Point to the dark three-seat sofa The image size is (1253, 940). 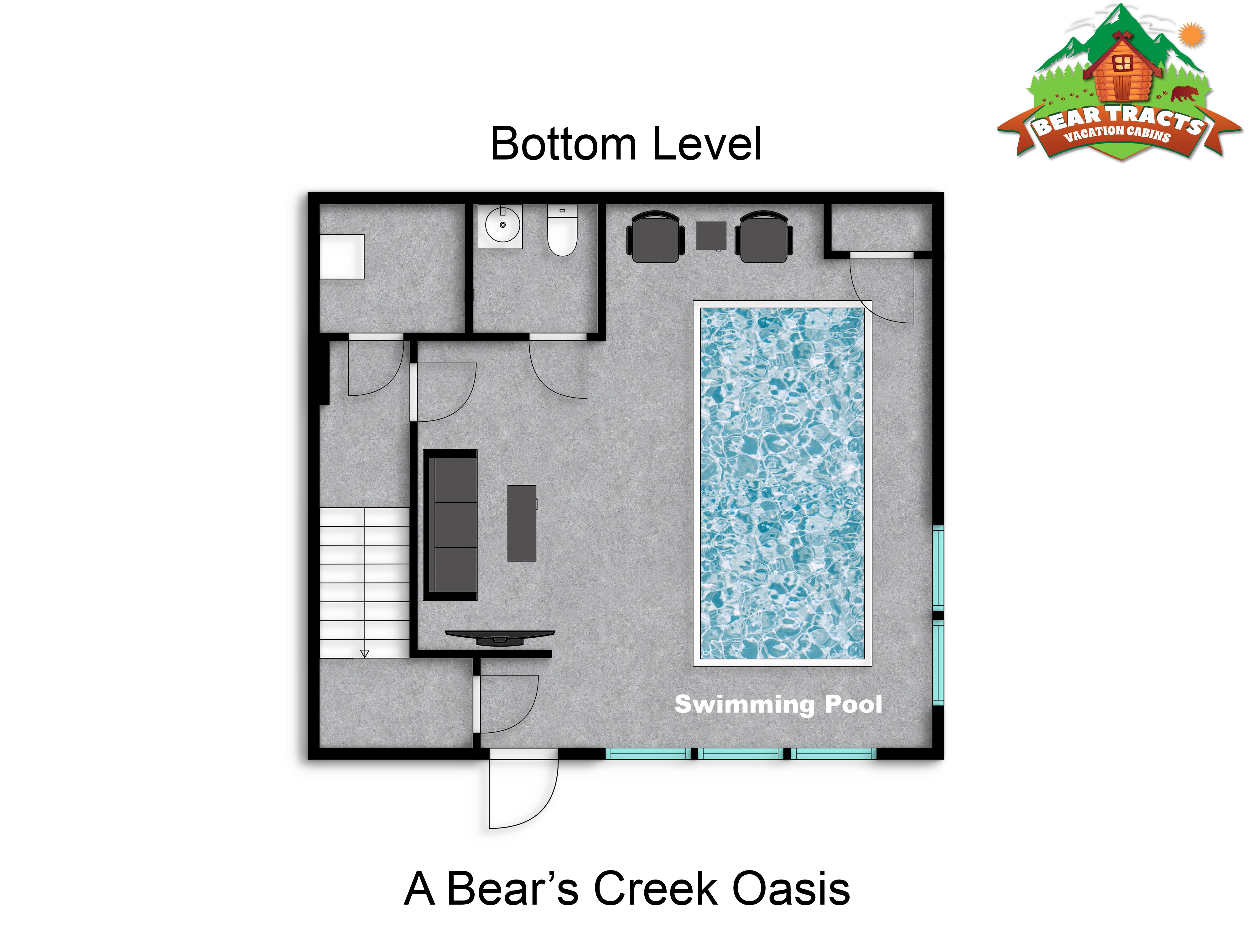tap(450, 525)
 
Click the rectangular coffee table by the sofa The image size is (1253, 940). tap(522, 522)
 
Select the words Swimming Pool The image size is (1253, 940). tap(778, 704)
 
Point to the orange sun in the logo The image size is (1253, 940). tap(1192, 34)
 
